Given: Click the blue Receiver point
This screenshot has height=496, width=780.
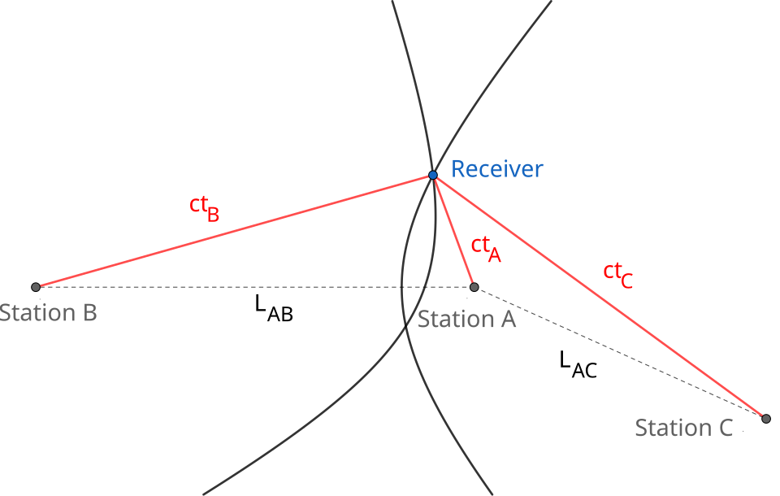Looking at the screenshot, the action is [433, 175].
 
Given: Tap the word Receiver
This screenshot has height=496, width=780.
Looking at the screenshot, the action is [496, 169].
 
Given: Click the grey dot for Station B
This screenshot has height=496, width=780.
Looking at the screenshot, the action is [35, 287].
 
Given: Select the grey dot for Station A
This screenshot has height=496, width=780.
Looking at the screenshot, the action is [474, 287].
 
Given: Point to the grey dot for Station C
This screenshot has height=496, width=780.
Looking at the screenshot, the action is [766, 419].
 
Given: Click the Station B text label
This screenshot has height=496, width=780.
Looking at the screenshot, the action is [48, 313].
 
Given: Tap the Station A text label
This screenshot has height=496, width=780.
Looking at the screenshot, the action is [466, 319].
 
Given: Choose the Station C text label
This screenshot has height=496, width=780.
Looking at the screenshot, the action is [683, 428].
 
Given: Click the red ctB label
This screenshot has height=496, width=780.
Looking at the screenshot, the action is [204, 208].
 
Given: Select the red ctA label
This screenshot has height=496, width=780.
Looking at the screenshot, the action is [486, 249].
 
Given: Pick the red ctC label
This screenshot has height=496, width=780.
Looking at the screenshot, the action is [617, 275].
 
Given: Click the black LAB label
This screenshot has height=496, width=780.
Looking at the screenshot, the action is [274, 308].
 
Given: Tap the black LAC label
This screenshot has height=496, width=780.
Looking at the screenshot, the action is [578, 364].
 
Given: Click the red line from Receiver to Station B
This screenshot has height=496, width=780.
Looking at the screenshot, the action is [234, 231].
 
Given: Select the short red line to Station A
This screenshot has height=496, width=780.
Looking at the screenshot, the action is [453, 231].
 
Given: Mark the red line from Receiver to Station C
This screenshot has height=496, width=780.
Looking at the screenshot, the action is [600, 297].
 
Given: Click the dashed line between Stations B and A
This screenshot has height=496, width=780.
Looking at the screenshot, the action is [254, 287].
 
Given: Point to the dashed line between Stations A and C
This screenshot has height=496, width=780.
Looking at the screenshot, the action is [620, 353].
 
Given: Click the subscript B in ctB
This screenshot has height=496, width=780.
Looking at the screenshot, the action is [213, 215].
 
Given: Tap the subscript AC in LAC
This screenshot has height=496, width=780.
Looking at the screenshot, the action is [584, 371].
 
